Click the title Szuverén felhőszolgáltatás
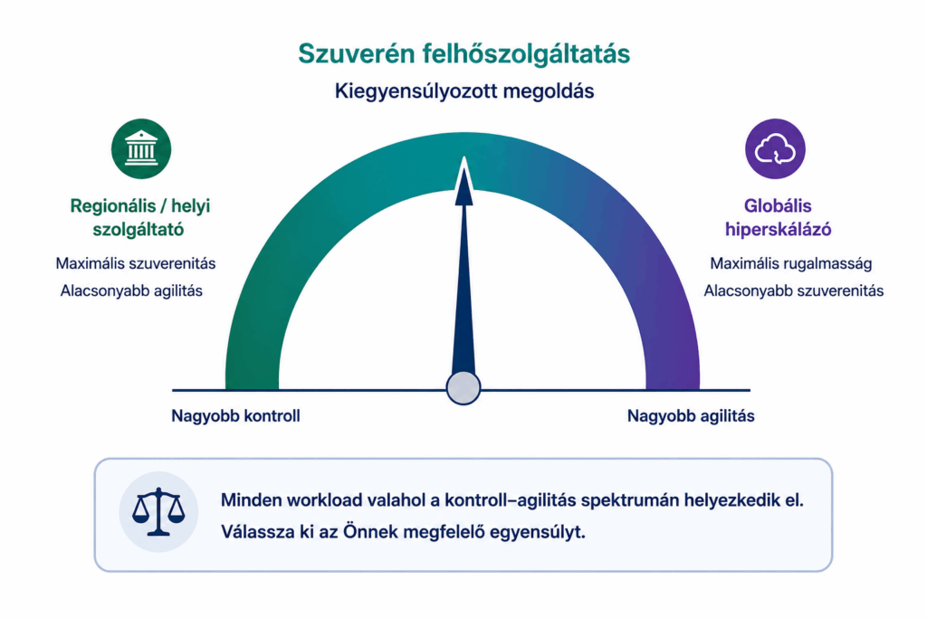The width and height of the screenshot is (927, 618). tap(464, 54)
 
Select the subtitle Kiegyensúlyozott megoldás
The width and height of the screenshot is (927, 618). tap(464, 91)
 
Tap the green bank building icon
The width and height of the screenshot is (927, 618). tap(141, 149)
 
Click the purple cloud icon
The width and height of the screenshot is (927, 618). tap(775, 149)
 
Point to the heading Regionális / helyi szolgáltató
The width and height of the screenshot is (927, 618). tap(139, 217)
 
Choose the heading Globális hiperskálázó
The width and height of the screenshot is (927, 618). tap(778, 217)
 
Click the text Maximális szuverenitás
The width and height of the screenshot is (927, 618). tap(136, 263)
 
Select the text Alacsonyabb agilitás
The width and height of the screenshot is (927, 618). tap(131, 290)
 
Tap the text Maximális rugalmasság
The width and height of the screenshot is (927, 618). tap(791, 263)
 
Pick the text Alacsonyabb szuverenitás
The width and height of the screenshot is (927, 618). tap(793, 290)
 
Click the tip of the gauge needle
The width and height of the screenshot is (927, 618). tap(464, 157)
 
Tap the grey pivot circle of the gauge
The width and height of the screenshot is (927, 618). tap(463, 387)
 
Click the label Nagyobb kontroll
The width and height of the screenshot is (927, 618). tap(235, 416)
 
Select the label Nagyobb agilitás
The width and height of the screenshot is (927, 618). tap(691, 416)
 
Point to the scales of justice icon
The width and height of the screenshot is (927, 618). tap(158, 511)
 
